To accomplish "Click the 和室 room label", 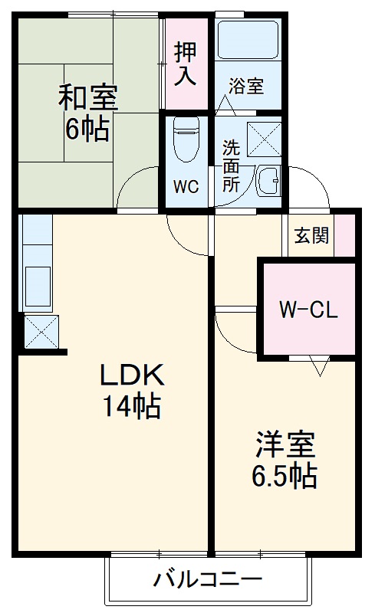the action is pyautogui.click(x=88, y=98).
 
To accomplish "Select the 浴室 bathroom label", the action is pyautogui.click(x=247, y=86).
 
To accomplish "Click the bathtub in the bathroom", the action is pyautogui.click(x=248, y=40).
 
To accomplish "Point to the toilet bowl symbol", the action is pyautogui.click(x=186, y=139).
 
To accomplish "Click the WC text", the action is pyautogui.click(x=186, y=187).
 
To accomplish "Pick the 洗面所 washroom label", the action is pyautogui.click(x=231, y=166).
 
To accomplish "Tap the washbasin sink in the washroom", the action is pyautogui.click(x=269, y=180).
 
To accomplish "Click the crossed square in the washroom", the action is pyautogui.click(x=264, y=139).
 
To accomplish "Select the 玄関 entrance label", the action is pyautogui.click(x=311, y=235).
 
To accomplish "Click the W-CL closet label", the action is pyautogui.click(x=308, y=310).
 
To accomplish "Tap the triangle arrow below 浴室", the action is pyautogui.click(x=225, y=105).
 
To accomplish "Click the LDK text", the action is pyautogui.click(x=132, y=375).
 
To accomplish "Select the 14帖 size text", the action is pyautogui.click(x=132, y=406).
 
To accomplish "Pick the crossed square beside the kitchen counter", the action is pyautogui.click(x=41, y=332).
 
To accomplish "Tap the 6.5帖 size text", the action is pyautogui.click(x=285, y=475).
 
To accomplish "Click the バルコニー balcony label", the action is pyautogui.click(x=208, y=579).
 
